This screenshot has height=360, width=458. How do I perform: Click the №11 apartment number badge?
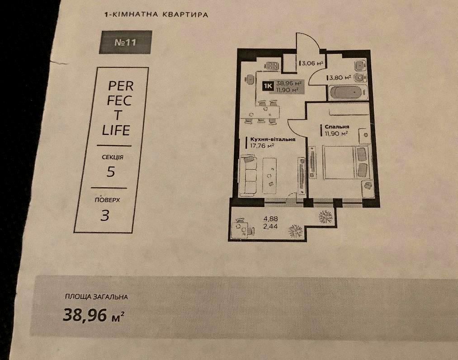[125, 42]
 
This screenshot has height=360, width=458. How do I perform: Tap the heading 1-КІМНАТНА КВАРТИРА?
[156, 14]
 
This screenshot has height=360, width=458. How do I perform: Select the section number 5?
[111, 171]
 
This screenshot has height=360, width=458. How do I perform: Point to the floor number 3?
[105, 215]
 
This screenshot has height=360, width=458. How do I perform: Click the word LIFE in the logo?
[116, 130]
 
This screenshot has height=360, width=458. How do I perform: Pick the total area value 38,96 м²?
[94, 315]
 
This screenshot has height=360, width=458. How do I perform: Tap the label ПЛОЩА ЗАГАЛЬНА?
[96, 297]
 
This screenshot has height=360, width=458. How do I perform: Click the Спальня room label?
[337, 127]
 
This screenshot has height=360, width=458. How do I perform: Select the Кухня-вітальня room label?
[273, 139]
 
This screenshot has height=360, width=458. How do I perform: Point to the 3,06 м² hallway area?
[312, 63]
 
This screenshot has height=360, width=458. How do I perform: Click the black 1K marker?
[268, 86]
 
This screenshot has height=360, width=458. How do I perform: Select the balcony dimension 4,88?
[271, 218]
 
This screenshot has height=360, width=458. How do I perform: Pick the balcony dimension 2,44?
[270, 226]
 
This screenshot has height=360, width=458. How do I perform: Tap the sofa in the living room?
[248, 176]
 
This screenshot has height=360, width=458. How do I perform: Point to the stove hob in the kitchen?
[272, 66]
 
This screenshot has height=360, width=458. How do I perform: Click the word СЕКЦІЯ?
[113, 157]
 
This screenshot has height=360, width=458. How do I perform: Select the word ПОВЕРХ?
[107, 200]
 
